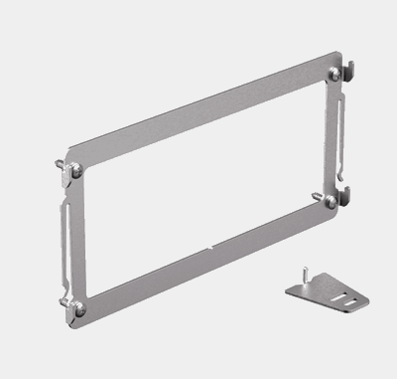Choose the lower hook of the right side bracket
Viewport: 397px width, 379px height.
[x=349, y=190]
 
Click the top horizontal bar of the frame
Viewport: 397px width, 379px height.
[x=198, y=119]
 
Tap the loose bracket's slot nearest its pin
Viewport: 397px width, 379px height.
[x=328, y=290]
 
